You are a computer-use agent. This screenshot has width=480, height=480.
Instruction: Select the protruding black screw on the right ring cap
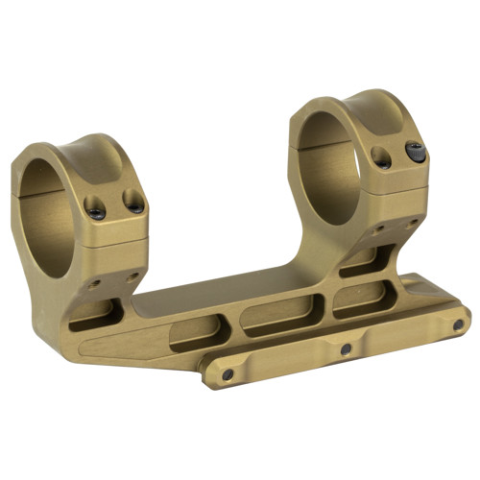pos(416,152)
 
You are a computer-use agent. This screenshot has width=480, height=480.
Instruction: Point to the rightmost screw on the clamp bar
pos(459,324)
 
